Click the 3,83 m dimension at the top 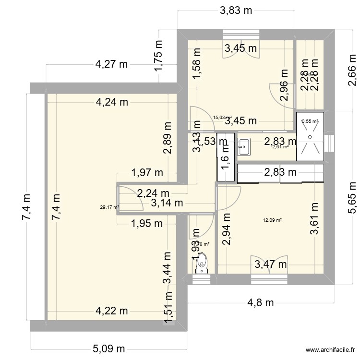pos(236,12)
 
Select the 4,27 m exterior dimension pos(111,64)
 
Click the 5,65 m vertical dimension pos(351,198)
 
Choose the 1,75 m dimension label pos(158,57)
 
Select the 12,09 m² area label pos(272,220)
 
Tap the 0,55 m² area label pos(310,121)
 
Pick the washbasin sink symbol pos(244,144)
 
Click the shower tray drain pos(310,137)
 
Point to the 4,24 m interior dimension pos(112,101)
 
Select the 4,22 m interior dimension pos(111,311)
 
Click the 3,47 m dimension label pos(270,264)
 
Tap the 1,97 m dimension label pos(147,172)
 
